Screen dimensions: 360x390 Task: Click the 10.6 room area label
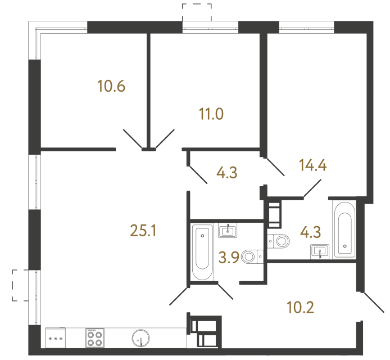(x=111, y=87)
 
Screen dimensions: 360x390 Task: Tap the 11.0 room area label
(x=212, y=115)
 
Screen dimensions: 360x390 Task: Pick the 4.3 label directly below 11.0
(x=226, y=173)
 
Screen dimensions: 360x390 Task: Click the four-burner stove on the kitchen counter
(x=94, y=338)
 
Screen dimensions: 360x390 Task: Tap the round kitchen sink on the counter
(x=140, y=339)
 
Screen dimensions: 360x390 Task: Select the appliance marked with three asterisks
(x=56, y=339)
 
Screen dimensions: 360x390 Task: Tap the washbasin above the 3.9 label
(x=228, y=230)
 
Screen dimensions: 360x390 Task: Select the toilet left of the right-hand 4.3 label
(x=279, y=241)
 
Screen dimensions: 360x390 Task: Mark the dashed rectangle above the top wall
(x=197, y=11)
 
